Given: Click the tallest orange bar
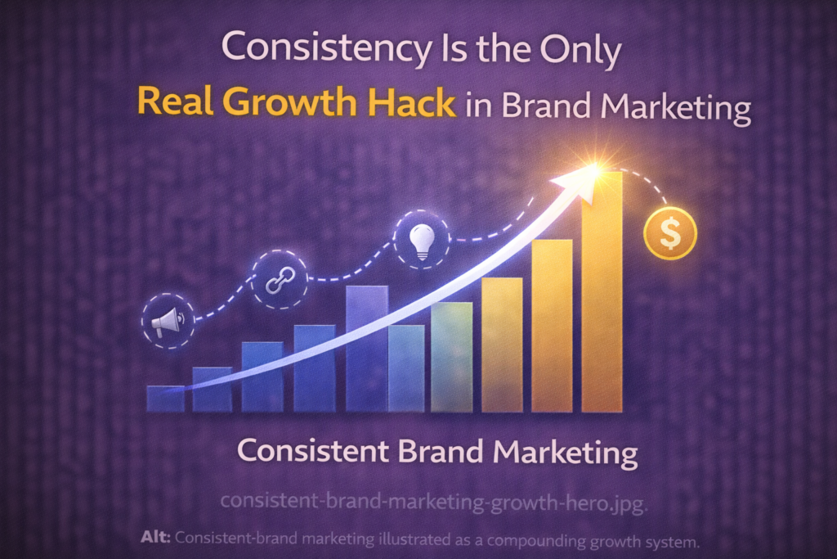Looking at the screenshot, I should tap(602, 295).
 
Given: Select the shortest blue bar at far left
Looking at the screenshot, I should tap(165, 398).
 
